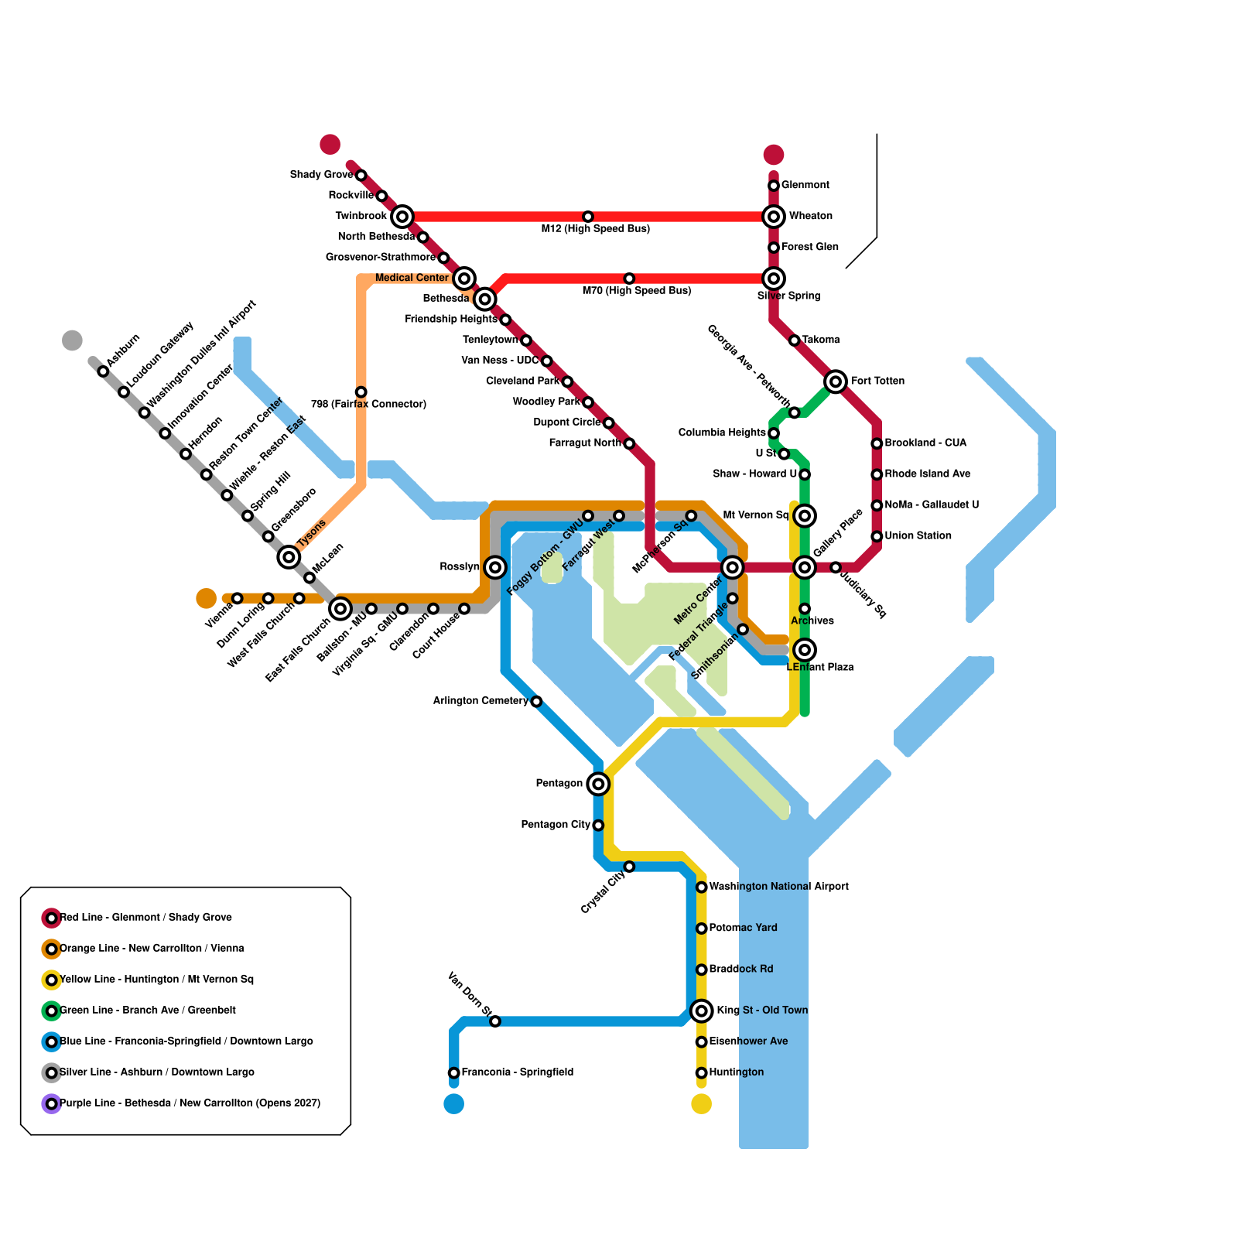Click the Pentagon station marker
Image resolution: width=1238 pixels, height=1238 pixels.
pyautogui.click(x=598, y=784)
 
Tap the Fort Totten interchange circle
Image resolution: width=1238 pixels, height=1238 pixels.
pyautogui.click(x=835, y=381)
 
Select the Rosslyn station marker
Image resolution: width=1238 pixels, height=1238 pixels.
pyautogui.click(x=495, y=567)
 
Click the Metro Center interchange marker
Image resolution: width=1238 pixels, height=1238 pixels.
pyautogui.click(x=732, y=567)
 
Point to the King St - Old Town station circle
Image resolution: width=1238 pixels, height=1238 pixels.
pyautogui.click(x=701, y=1011)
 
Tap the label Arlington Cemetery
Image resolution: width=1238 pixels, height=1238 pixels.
pyautogui.click(x=480, y=701)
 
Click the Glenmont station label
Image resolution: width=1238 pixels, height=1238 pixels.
pyautogui.click(x=805, y=185)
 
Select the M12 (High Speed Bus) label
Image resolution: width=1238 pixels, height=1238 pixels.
pyautogui.click(x=595, y=229)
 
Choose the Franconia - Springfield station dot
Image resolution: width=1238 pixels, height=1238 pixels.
pyautogui.click(x=454, y=1072)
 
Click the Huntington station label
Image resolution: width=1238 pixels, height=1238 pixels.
pyautogui.click(x=736, y=1072)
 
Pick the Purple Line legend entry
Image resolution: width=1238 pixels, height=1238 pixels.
pyautogui.click(x=190, y=1103)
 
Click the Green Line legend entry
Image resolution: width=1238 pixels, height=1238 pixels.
pyautogui.click(x=147, y=1011)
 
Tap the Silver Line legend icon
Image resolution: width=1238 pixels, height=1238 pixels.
pyautogui.click(x=52, y=1072)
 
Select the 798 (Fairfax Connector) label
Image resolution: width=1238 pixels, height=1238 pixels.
pyautogui.click(x=368, y=404)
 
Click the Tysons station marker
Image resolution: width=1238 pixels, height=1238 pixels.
pyautogui.click(x=289, y=556)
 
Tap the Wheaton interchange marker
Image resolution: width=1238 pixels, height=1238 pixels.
pyautogui.click(x=773, y=217)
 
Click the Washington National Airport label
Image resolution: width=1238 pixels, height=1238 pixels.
pyautogui.click(x=778, y=887)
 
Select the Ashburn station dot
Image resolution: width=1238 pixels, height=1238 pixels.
pyautogui.click(x=103, y=371)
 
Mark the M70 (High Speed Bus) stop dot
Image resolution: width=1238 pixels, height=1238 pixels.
pyautogui.click(x=629, y=279)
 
